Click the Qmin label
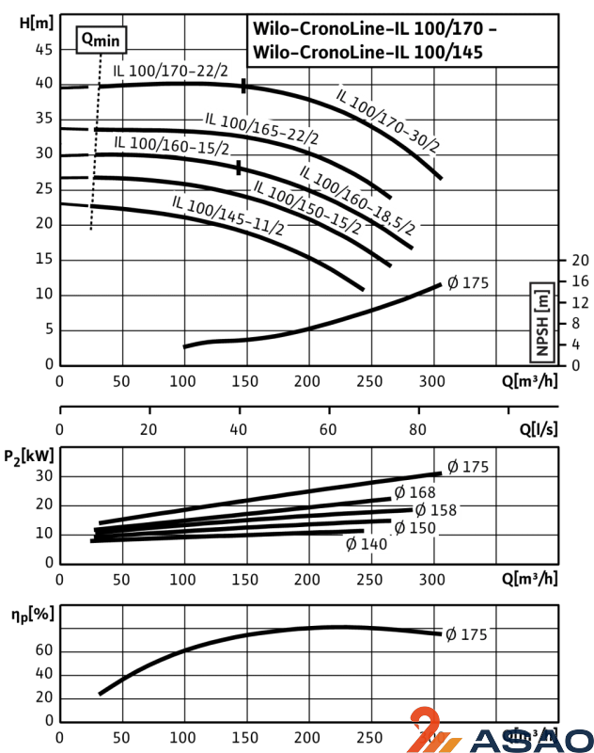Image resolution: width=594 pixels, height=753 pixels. click(101, 40)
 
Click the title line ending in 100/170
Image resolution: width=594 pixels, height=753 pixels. click(374, 28)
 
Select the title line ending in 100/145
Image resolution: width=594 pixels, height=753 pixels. click(367, 53)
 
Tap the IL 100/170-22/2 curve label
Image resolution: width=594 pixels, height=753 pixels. click(171, 71)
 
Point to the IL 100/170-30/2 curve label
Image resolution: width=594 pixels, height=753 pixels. click(388, 120)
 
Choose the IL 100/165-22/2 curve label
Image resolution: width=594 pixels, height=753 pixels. click(262, 128)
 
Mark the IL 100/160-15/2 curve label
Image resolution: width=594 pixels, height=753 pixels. click(171, 145)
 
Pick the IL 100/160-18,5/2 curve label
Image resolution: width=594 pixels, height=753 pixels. click(358, 199)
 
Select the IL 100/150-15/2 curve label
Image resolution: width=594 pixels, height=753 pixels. click(307, 207)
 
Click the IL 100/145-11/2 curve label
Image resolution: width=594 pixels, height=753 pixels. click(228, 216)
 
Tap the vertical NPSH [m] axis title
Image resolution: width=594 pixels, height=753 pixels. click(542, 322)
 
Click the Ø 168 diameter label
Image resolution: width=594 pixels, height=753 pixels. click(414, 492)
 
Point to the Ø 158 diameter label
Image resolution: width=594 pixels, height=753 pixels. click(436, 510)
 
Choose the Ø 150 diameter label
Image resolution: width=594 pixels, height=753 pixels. click(414, 528)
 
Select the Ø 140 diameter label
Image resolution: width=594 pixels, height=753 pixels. click(367, 544)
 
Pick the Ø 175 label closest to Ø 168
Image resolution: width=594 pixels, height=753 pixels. click(467, 467)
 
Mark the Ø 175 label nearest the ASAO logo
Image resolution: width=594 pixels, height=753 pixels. click(466, 634)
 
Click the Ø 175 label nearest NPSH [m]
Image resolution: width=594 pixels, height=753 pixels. click(468, 283)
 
